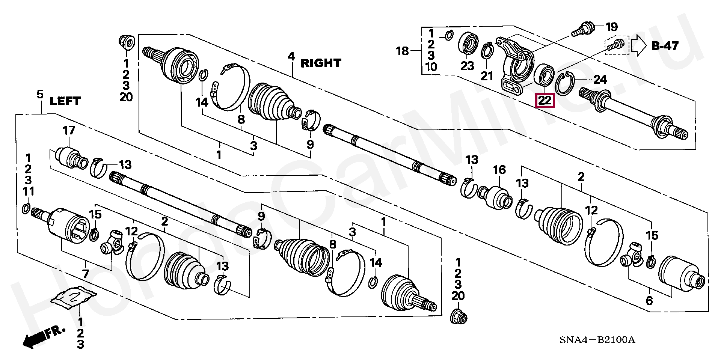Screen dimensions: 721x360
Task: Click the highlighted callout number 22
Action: point(545,100)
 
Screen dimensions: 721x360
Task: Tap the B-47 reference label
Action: point(665,46)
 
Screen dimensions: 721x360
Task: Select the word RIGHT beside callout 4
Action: point(321,63)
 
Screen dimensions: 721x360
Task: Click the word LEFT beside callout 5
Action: point(65,101)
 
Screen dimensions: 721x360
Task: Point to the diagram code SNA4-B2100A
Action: point(597,340)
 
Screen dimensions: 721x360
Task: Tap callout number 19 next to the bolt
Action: point(611,27)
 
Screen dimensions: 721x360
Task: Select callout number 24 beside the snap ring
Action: point(600,80)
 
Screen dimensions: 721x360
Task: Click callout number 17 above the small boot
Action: point(69,130)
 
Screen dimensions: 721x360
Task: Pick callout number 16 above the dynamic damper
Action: point(499,170)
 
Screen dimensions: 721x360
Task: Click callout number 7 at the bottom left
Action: point(86,274)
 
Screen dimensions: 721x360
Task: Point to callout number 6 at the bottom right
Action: point(649,300)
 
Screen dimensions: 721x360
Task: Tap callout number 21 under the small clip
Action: point(487,76)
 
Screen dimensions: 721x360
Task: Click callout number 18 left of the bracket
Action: point(403,51)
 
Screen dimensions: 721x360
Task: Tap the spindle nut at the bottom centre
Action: point(459,316)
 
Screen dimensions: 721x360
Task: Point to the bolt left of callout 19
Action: point(583,29)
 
